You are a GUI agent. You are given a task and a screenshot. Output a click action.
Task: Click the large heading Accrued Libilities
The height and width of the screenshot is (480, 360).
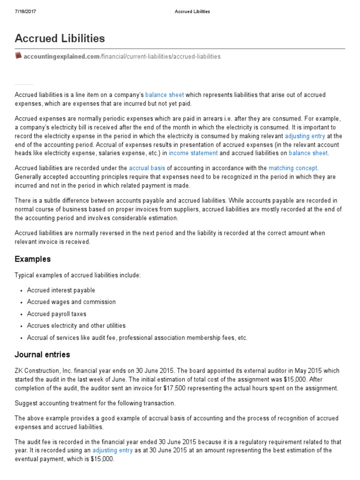pos(60,38)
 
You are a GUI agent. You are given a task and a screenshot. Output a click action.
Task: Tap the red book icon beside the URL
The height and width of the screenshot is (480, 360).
pos(18,56)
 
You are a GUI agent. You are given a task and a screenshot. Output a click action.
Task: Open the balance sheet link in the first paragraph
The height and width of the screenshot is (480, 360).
pos(165,95)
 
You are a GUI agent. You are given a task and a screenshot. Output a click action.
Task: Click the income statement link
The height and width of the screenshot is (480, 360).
pos(193,153)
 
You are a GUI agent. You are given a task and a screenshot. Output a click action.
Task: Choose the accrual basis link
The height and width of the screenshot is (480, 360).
pos(147,167)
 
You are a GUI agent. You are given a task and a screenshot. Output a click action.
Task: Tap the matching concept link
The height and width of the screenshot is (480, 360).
pos(293,167)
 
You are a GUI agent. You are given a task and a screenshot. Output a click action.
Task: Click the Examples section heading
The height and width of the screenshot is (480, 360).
pos(33,259)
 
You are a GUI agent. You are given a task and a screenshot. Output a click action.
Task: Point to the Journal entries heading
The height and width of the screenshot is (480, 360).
pos(42,354)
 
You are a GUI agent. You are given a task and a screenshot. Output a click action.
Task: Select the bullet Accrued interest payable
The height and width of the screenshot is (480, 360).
pos(61,290)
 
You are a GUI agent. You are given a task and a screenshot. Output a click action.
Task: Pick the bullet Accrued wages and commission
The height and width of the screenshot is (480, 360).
pos(71,302)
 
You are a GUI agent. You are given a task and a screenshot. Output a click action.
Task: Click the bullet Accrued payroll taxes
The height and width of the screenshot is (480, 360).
pos(57,314)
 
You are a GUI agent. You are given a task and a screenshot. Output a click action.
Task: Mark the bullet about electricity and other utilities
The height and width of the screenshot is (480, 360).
pos(76,326)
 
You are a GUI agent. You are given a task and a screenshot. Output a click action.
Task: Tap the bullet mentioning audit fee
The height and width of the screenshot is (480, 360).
pos(137,337)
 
